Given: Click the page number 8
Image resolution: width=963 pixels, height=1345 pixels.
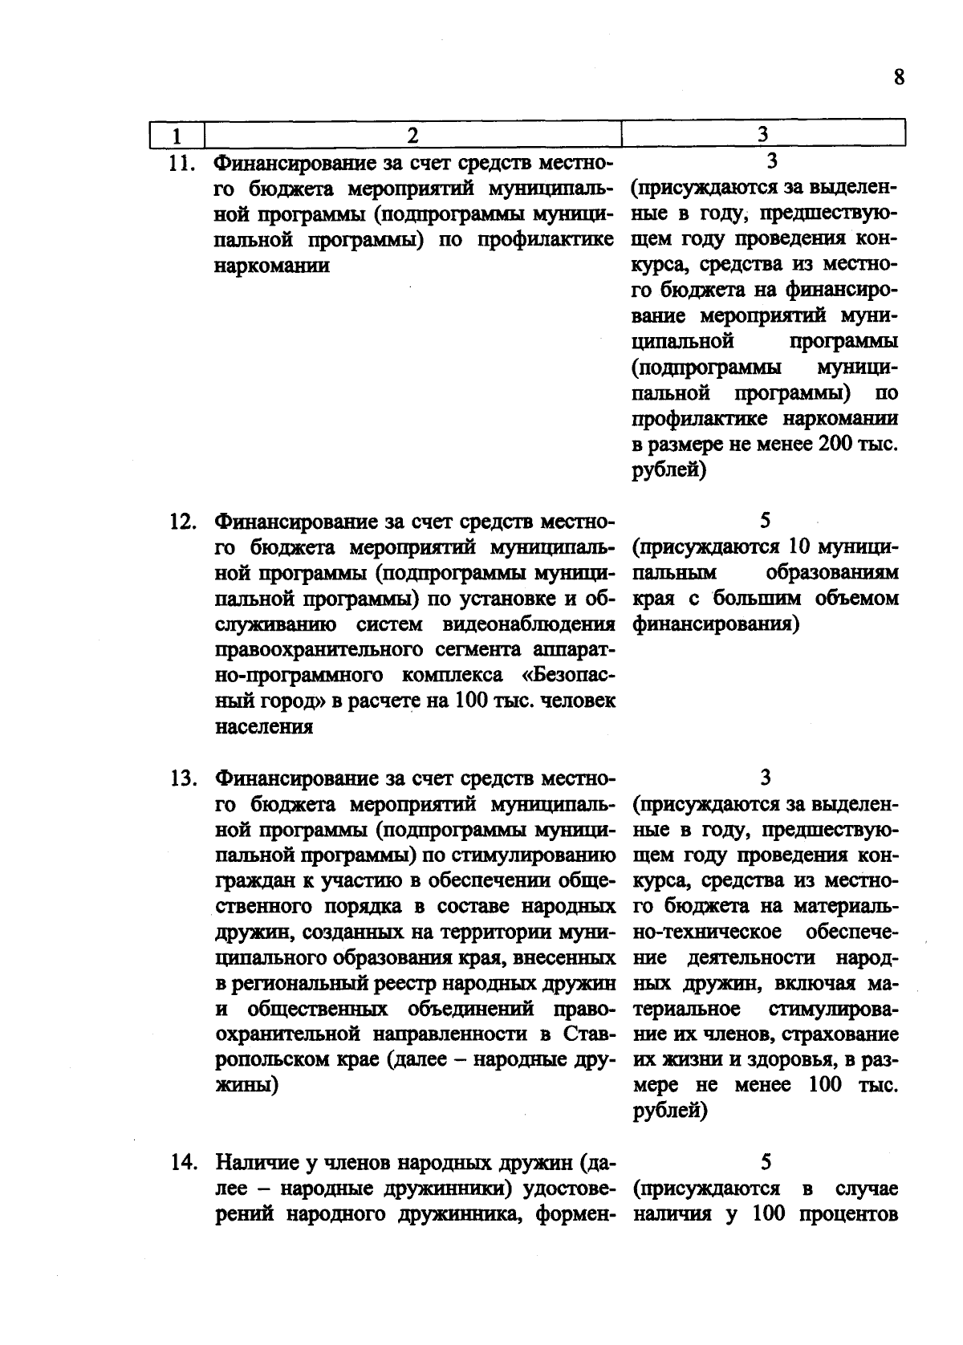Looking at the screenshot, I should tap(899, 77).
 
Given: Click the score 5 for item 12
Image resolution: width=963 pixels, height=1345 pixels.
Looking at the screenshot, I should tap(764, 521).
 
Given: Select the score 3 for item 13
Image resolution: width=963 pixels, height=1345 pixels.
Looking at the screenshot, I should tap(764, 778).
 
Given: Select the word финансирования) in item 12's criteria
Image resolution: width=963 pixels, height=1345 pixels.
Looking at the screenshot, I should tap(715, 624).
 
